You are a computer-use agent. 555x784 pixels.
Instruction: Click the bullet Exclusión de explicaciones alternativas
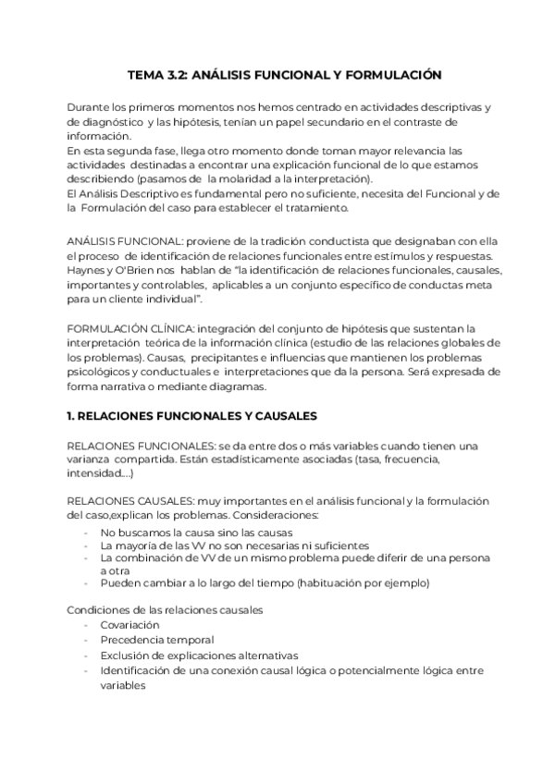pyautogui.click(x=199, y=655)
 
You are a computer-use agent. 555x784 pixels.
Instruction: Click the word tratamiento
pyautogui.click(x=304, y=207)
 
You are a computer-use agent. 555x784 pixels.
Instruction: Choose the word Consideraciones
pyautogui.click(x=278, y=513)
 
